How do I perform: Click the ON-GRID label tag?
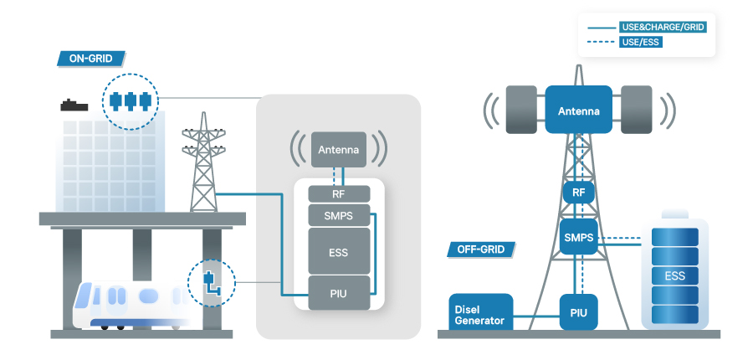tap(90, 59)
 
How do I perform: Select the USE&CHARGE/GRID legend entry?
tap(663, 27)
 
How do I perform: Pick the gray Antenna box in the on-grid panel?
tap(338, 151)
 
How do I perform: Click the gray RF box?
tap(338, 194)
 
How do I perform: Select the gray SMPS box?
tap(338, 216)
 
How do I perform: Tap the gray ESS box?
tap(338, 251)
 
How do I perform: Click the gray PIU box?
tap(338, 292)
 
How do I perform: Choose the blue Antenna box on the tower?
tap(578, 111)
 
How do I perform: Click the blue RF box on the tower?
tap(578, 193)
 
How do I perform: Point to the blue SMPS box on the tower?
tap(578, 238)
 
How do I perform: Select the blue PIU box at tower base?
tap(578, 312)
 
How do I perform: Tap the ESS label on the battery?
tap(674, 275)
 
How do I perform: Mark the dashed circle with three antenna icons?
tap(129, 102)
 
